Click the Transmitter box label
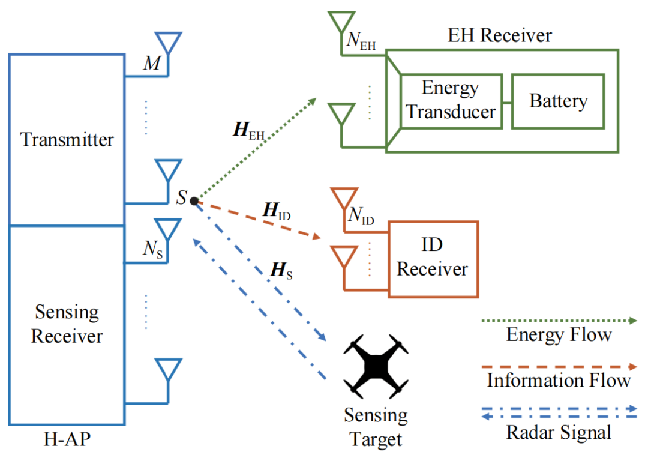coord(67,140)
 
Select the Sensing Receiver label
coord(67,324)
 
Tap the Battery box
coord(557,101)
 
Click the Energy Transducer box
coord(451,100)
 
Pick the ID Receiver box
coord(433,259)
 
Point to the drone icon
coord(375,366)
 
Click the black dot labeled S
coord(194,200)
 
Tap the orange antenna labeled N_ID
coord(343,200)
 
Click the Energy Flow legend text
coord(559,334)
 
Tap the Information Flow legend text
coord(559,380)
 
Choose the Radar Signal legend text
coord(559,432)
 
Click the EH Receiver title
coord(500,35)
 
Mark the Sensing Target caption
coord(376,427)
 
